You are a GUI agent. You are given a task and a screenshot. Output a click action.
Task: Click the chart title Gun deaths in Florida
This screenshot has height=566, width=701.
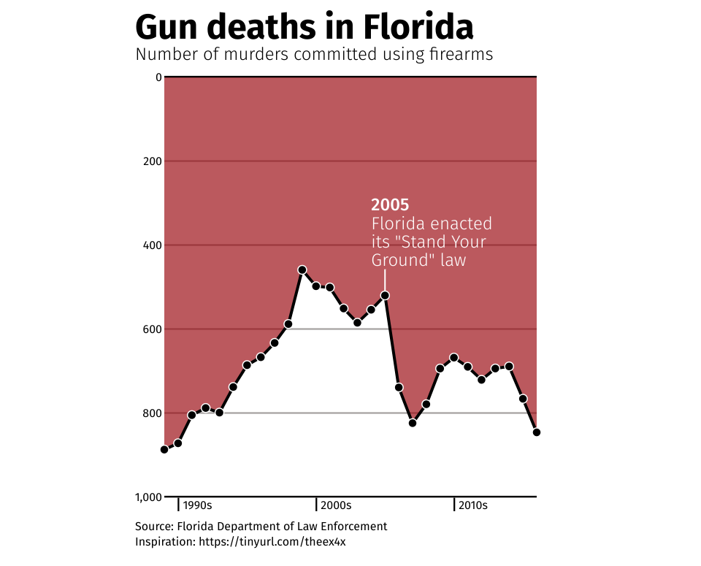[x=304, y=28]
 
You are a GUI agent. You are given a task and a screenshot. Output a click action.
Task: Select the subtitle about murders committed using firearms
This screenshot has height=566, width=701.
[x=314, y=55]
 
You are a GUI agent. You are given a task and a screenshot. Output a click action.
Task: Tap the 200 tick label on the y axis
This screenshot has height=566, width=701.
[x=151, y=161]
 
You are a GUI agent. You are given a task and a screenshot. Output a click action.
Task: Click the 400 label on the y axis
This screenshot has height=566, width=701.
[x=151, y=245]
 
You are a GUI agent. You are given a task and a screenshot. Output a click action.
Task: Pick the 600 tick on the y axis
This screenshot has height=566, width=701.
[x=151, y=329]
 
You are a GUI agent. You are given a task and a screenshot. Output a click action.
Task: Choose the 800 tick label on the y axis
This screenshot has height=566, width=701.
[x=151, y=413]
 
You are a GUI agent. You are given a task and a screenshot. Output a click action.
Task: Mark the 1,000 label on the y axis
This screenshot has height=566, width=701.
[x=148, y=497]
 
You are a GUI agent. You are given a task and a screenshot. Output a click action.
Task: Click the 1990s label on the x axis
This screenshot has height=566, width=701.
[x=197, y=505]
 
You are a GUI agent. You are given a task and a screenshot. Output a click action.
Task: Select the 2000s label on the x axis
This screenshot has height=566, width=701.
[x=336, y=505]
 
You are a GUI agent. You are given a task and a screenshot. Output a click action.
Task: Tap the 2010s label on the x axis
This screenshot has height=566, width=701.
[x=474, y=505]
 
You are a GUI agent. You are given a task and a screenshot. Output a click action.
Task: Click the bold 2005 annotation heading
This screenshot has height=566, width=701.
[x=390, y=205]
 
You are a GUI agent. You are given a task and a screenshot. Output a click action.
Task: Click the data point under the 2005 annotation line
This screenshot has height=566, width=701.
[x=385, y=295]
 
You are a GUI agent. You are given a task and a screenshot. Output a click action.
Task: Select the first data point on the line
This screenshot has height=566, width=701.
[x=164, y=450]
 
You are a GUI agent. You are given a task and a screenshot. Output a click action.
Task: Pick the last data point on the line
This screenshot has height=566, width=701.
[x=537, y=432]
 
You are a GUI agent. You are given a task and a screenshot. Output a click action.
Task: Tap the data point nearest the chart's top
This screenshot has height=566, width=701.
[x=302, y=270]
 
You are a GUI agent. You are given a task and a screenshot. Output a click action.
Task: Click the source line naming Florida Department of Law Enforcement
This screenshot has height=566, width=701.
[x=261, y=527]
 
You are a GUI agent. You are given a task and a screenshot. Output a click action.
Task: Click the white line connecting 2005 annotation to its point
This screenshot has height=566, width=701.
[x=385, y=280]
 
